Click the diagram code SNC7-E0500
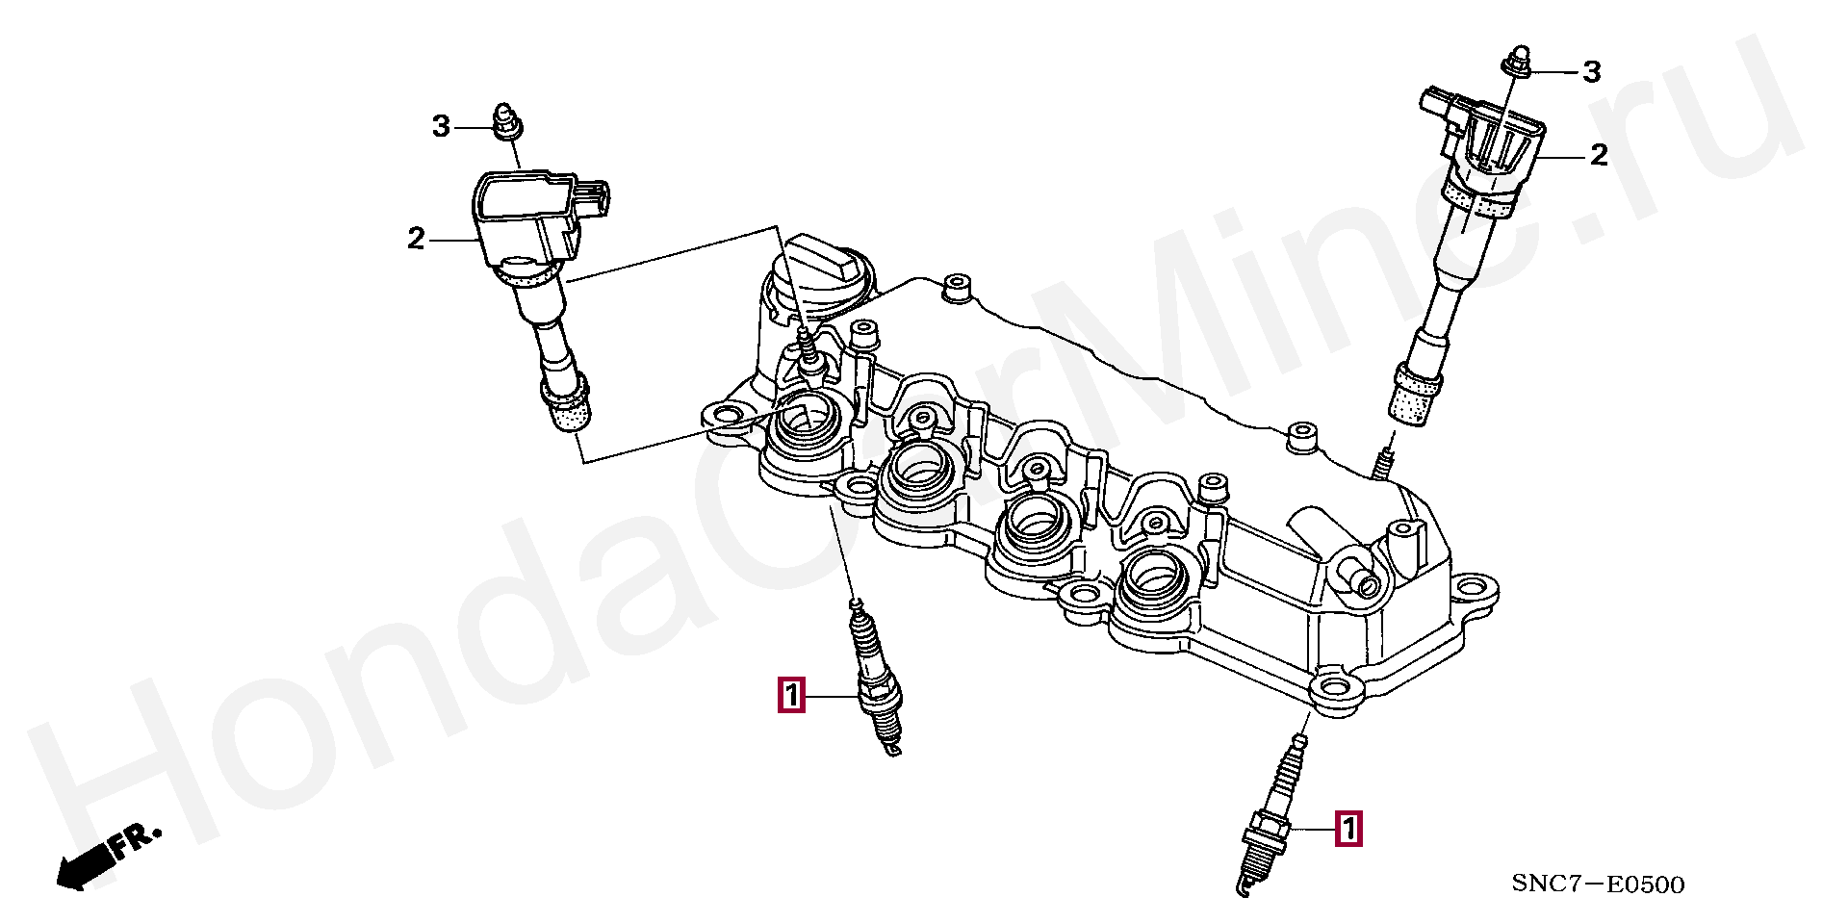coord(1598,885)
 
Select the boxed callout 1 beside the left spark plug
coord(790,695)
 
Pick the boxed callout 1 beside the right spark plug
coord(1348,829)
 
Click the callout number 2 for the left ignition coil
coord(416,238)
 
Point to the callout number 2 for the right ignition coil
coord(1599,155)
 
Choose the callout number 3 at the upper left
coord(441,126)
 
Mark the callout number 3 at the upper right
coord(1592,71)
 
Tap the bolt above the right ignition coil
coord(1516,60)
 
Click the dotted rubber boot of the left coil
coord(567,407)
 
